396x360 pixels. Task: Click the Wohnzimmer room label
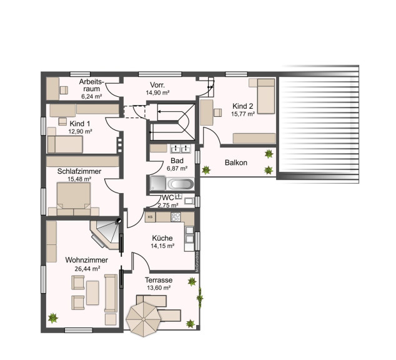point(86,260)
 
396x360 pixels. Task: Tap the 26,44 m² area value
point(87,269)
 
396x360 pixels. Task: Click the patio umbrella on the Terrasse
point(144,319)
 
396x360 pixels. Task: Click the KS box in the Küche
point(151,217)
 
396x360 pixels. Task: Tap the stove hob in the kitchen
point(176,217)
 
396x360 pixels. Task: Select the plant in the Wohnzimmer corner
point(53,317)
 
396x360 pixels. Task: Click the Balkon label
point(236,162)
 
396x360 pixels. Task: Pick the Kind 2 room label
point(243,106)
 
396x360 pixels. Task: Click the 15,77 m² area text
point(243,114)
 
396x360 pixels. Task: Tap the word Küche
point(162,238)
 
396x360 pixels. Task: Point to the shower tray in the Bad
point(158,183)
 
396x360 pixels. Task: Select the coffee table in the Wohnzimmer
point(92,292)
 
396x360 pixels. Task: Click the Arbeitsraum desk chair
point(64,90)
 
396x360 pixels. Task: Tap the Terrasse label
point(159,280)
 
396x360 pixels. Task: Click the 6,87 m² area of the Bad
point(177,168)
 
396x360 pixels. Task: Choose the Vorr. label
point(157,84)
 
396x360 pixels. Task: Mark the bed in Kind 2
point(265,96)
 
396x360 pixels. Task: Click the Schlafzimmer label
point(79,171)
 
